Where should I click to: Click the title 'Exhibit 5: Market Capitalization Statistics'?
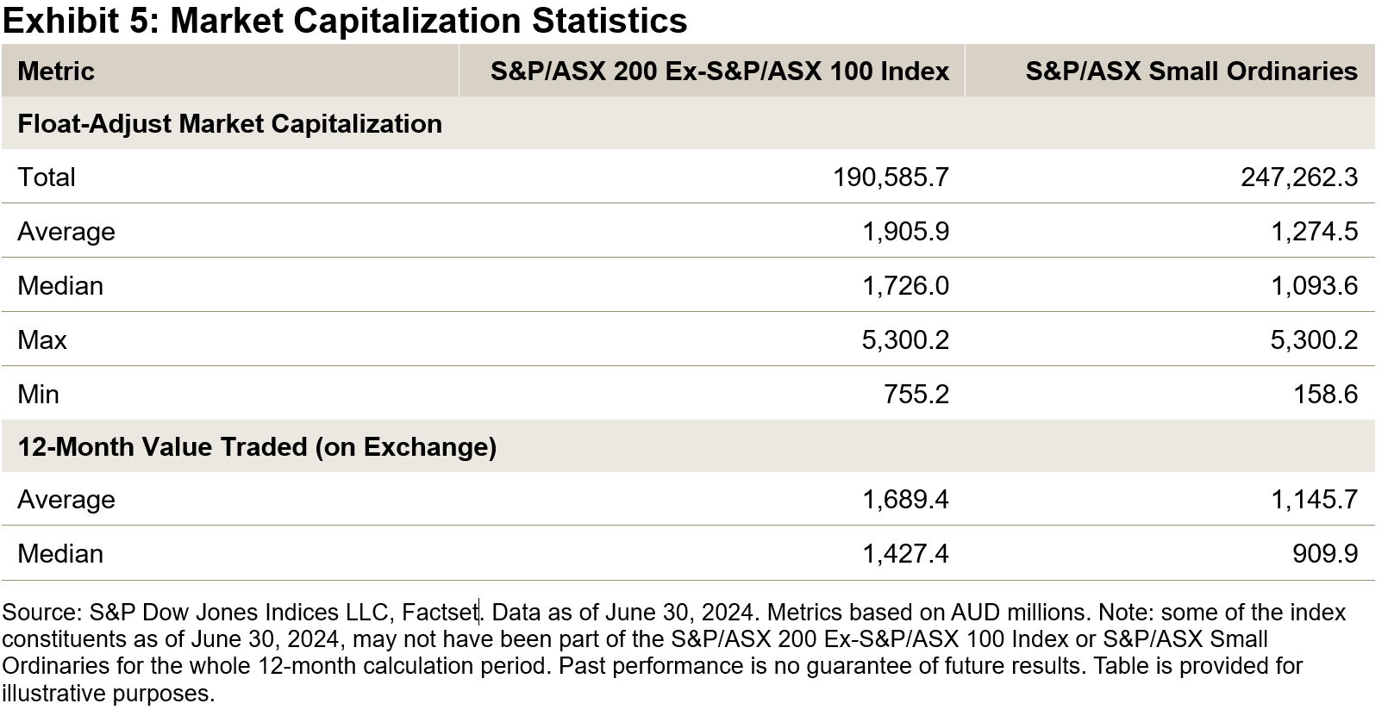point(345,21)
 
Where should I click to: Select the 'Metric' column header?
point(56,71)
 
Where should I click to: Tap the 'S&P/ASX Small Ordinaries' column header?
point(1191,71)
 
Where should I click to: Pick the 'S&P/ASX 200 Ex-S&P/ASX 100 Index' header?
point(719,71)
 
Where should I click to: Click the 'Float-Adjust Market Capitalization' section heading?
point(229,124)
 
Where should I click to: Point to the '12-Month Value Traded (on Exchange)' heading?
point(257,447)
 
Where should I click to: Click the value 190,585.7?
point(891,177)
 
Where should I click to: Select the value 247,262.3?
point(1298,177)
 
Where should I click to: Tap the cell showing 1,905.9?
point(905,232)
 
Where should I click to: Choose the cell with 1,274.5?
point(1314,232)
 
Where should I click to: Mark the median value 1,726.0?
point(905,286)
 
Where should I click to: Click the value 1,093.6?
point(1314,286)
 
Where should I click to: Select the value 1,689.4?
point(905,500)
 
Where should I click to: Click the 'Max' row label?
point(42,340)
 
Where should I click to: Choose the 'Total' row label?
point(47,177)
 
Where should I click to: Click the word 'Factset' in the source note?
point(440,613)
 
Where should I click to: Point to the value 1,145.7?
point(1314,500)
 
